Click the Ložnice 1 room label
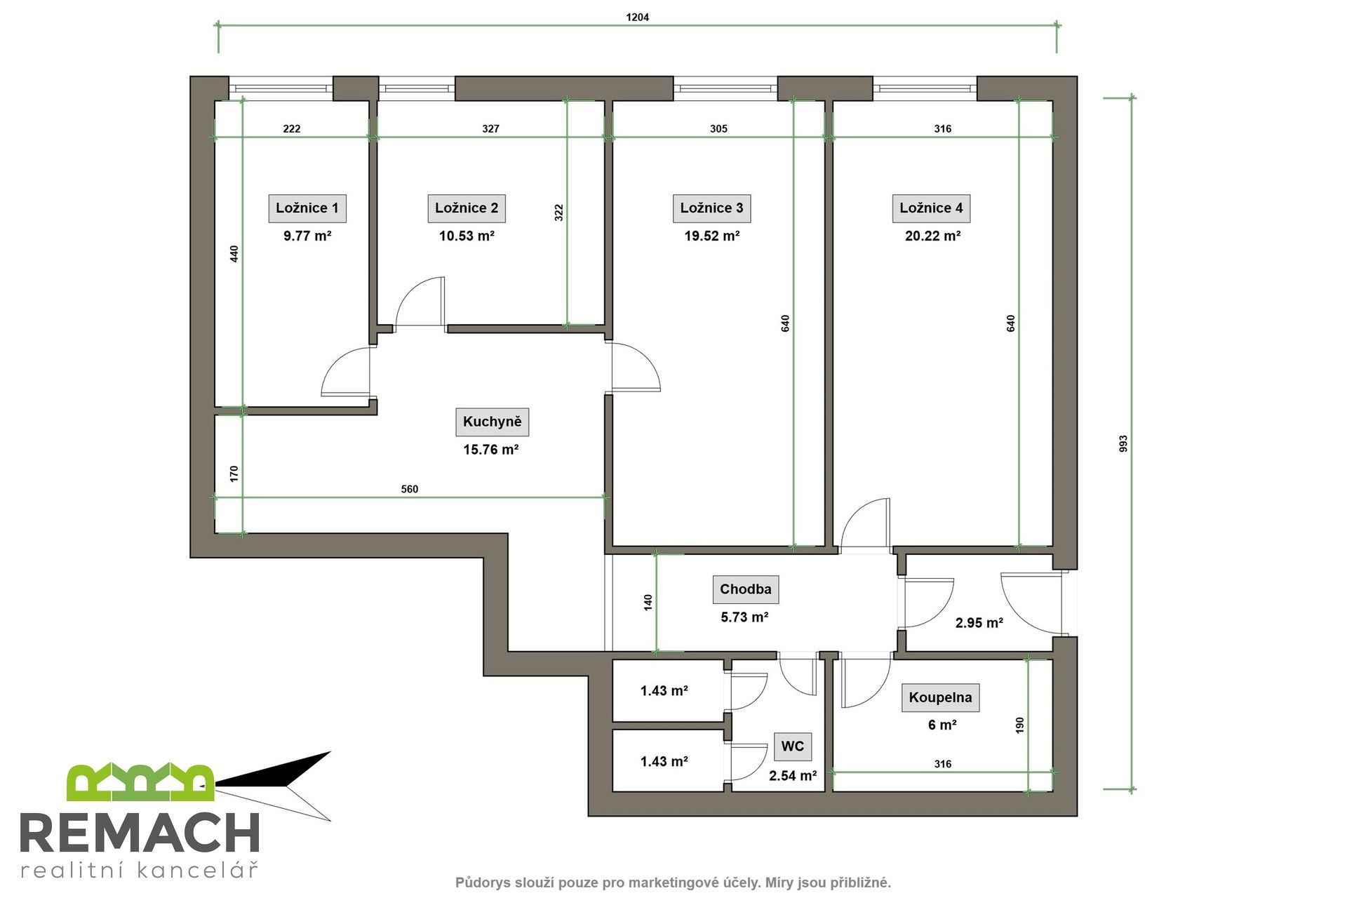tap(307, 208)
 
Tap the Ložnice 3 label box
tap(711, 208)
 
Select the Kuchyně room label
tap(492, 422)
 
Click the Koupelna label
tap(940, 697)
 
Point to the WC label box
tap(792, 746)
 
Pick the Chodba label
tap(745, 589)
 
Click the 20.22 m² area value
tap(932, 236)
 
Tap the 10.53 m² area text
tap(467, 236)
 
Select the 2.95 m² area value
tap(979, 622)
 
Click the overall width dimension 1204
tap(637, 18)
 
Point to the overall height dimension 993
tap(1122, 443)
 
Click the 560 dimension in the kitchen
tap(409, 489)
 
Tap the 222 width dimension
tap(292, 128)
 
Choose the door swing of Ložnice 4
tap(866, 523)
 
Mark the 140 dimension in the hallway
tap(648, 602)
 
